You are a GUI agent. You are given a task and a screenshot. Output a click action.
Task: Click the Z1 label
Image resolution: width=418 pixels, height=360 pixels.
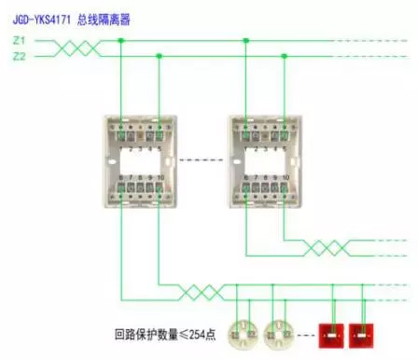(x=20, y=41)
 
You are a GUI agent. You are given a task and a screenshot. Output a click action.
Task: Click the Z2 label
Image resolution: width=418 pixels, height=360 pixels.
(x=20, y=56)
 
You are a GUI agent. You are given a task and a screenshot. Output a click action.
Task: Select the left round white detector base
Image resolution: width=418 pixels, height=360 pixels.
(x=244, y=329)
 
